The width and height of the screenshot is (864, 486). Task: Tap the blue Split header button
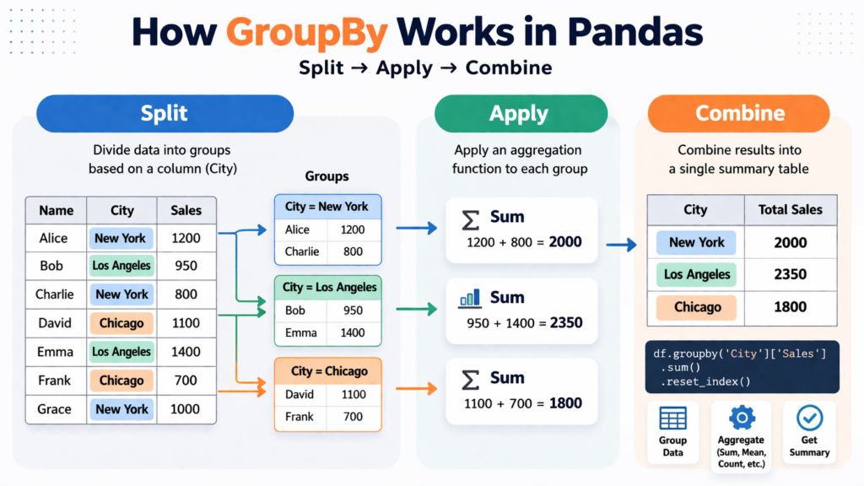[165, 113]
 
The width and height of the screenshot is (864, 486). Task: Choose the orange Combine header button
[738, 113]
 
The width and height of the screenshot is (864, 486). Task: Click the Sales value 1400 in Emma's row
[185, 352]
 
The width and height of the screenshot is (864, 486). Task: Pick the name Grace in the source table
[54, 409]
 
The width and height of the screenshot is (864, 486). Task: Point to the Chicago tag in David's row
[121, 323]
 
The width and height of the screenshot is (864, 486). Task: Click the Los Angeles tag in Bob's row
[121, 266]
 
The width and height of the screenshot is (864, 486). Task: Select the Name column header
[57, 210]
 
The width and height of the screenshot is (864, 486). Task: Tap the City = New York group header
[327, 207]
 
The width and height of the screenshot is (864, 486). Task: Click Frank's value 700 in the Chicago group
[353, 416]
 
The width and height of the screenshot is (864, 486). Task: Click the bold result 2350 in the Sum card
[564, 322]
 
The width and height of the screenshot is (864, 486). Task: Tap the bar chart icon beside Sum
[470, 297]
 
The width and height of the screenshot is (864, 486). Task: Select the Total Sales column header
[790, 210]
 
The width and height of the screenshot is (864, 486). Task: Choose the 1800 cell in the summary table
[790, 308]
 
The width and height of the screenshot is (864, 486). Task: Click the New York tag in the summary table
[696, 243]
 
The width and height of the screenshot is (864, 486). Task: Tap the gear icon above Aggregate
[742, 418]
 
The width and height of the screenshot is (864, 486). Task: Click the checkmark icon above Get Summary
[809, 418]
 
